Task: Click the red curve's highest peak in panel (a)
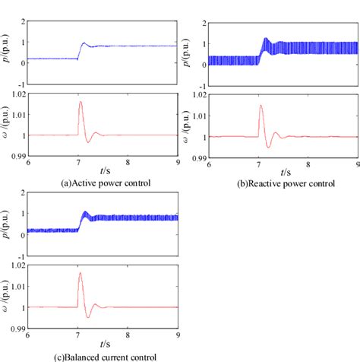[x=81, y=101]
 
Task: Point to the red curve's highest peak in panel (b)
[x=261, y=106]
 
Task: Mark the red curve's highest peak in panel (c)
[x=81, y=273]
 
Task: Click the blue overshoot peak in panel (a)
[x=84, y=43]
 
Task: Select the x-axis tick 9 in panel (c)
[x=178, y=335]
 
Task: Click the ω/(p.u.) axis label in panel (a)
[x=6, y=125]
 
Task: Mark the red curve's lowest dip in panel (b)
[x=268, y=146]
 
